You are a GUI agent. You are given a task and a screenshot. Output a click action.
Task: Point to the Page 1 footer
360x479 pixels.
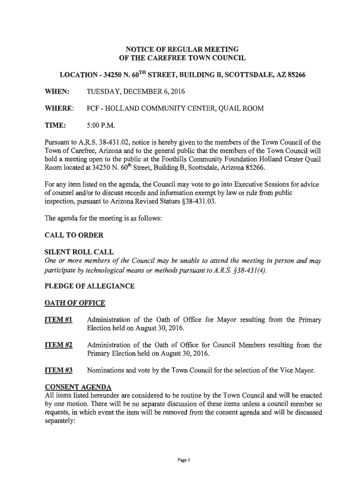[x=180, y=460]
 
